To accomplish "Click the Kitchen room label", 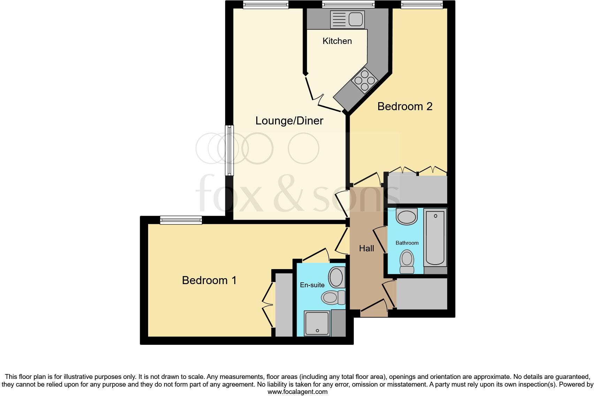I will [337, 41].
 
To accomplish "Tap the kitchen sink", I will [347, 19].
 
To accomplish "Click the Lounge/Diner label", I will [289, 121].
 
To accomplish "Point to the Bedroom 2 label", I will [405, 106].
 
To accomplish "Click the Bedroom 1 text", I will [209, 280].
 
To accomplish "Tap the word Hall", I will [366, 249].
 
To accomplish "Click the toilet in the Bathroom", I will [407, 262].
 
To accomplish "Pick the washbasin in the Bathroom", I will [407, 217].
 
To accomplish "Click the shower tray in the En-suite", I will [317, 323].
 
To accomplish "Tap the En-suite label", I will [312, 285].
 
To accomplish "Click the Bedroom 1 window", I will [181, 220].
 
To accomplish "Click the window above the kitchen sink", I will [348, 4].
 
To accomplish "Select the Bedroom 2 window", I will [421, 4].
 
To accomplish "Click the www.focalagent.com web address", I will [297, 392].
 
